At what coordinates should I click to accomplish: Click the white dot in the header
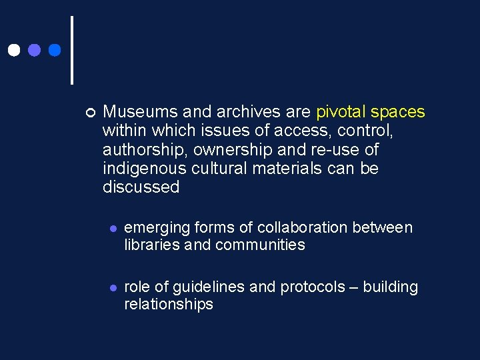coord(13,50)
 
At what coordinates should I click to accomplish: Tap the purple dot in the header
coord(34,50)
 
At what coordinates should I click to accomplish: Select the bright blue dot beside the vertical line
coord(55,50)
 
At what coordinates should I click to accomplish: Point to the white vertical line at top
coord(71,50)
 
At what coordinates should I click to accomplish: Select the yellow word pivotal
coord(341,111)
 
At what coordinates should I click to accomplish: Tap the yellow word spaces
coord(397,111)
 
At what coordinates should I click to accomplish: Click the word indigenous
coord(141,169)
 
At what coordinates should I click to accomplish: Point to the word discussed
coord(141,187)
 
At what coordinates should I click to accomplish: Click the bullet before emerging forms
coord(113,228)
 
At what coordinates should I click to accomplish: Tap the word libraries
coord(151,245)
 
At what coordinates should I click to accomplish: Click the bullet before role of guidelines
coord(113,287)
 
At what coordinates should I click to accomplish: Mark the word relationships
coord(169,305)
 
